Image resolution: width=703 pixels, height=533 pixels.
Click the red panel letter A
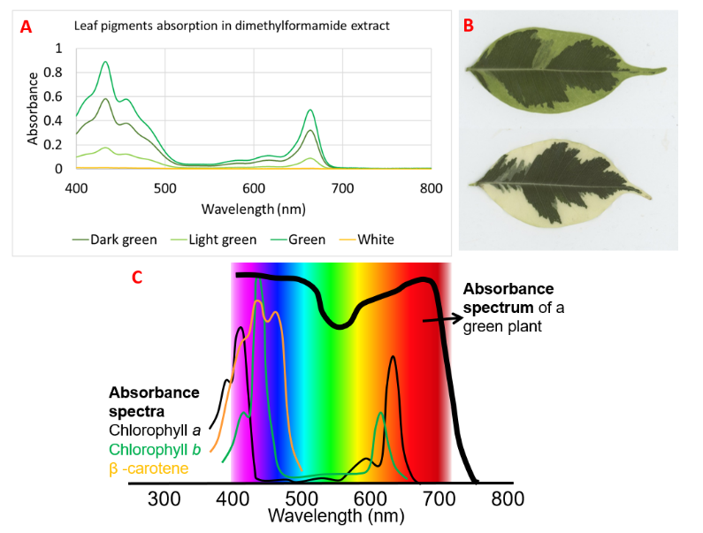click(x=26, y=27)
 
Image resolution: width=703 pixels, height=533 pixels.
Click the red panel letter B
click(x=470, y=26)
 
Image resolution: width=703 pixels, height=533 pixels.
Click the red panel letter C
click(x=137, y=277)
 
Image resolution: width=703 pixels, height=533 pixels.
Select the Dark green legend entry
click(x=123, y=240)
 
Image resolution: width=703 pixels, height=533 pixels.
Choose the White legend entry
click(x=375, y=240)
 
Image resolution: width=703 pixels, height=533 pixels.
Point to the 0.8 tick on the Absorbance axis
click(x=58, y=72)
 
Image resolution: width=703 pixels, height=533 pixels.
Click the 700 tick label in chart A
click(x=342, y=188)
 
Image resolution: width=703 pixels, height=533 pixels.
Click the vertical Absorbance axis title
click(x=33, y=108)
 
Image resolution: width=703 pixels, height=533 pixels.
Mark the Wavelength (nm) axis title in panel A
click(x=254, y=209)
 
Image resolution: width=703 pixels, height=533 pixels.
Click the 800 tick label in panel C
click(x=508, y=499)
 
